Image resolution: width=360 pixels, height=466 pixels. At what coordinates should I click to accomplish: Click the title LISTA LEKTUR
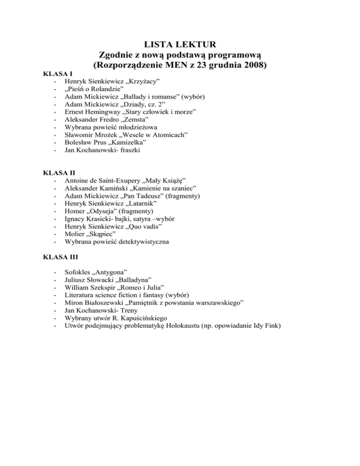(x=180, y=45)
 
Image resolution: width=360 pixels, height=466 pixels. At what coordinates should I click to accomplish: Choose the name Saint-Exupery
(x=122, y=181)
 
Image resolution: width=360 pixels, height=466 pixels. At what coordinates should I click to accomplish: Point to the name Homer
(x=75, y=212)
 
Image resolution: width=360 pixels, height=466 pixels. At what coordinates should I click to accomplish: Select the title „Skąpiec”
(x=103, y=233)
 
